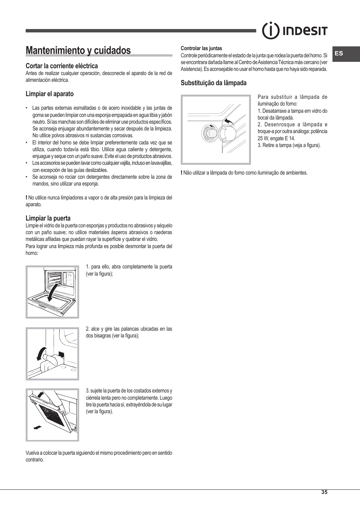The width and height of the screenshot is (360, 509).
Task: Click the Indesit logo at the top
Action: coord(295,31)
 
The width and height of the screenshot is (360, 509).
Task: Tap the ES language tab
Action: coord(339,54)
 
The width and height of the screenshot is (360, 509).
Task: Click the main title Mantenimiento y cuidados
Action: coord(78,51)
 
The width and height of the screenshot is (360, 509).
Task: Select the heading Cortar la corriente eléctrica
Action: coord(62,66)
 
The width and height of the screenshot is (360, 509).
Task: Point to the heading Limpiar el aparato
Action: coord(49,94)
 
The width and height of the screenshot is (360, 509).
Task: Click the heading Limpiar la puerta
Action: coord(48,218)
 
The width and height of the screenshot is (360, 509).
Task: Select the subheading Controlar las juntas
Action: coord(201,48)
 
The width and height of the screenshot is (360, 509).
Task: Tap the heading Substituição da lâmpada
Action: coord(213,83)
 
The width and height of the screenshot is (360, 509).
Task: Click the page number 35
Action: coord(324,492)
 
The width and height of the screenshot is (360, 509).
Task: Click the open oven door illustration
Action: coord(52,291)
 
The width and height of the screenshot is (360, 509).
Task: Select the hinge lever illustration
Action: coord(52,353)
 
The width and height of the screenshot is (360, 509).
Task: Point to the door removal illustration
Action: coord(52,415)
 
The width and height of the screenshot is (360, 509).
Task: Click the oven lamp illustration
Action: coord(215,129)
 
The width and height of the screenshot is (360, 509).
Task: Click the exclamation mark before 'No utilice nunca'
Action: coord(26,198)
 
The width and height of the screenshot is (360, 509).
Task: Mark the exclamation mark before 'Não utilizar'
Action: coord(182,173)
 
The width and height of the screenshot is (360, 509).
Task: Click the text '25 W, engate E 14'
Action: coord(276,138)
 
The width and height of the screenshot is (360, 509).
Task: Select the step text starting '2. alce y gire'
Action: coord(129,332)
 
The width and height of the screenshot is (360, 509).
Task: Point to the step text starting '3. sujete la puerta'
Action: coord(129,401)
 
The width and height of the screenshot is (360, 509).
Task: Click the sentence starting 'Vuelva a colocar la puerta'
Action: coord(98,456)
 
